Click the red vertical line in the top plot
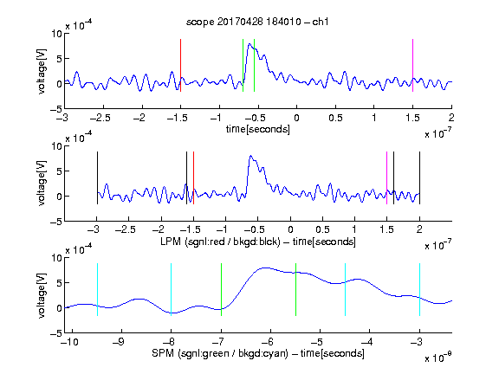coord(180,66)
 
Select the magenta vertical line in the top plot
coord(412,66)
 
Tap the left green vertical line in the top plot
coord(243,66)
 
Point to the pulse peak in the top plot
coord(249,44)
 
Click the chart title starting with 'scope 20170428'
coord(257,22)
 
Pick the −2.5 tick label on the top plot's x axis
coord(100,118)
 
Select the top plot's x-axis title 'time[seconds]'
coord(258,129)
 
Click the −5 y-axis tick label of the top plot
coord(56,109)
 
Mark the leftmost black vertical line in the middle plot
coord(97,178)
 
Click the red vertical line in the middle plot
coord(193,178)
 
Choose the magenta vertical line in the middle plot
coord(386,178)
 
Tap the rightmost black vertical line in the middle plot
coord(419,178)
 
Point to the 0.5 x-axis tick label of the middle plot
coord(322,229)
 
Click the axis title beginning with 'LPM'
coord(258,242)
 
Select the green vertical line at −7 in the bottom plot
coord(221,290)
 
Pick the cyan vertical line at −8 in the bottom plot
coord(171,290)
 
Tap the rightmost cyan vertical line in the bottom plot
coord(419,290)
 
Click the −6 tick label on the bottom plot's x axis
coord(268,342)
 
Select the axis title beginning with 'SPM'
coord(258,353)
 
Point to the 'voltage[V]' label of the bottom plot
coord(42,295)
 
